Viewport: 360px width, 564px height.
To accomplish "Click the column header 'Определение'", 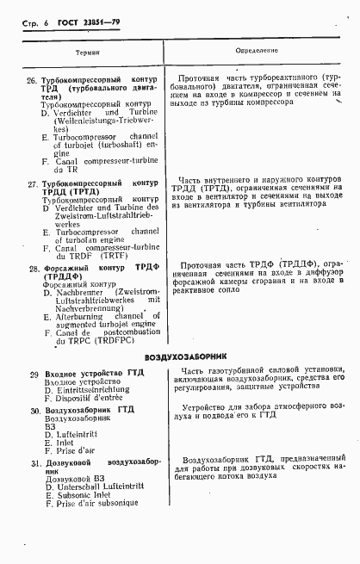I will pyautogui.click(x=258, y=52).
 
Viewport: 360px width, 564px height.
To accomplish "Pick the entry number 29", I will pyautogui.click(x=32, y=373).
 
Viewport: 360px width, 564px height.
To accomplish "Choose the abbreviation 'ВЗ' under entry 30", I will pyautogui.click(x=49, y=427).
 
